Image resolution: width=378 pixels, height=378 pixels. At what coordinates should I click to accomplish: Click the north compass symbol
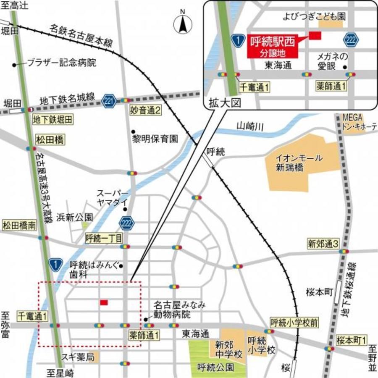[183, 24]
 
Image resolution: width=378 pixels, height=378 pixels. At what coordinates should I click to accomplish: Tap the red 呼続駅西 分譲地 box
[273, 46]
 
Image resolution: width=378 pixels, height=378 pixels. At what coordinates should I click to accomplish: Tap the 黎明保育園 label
[155, 138]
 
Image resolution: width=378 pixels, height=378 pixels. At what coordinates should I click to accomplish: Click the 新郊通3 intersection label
[323, 244]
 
